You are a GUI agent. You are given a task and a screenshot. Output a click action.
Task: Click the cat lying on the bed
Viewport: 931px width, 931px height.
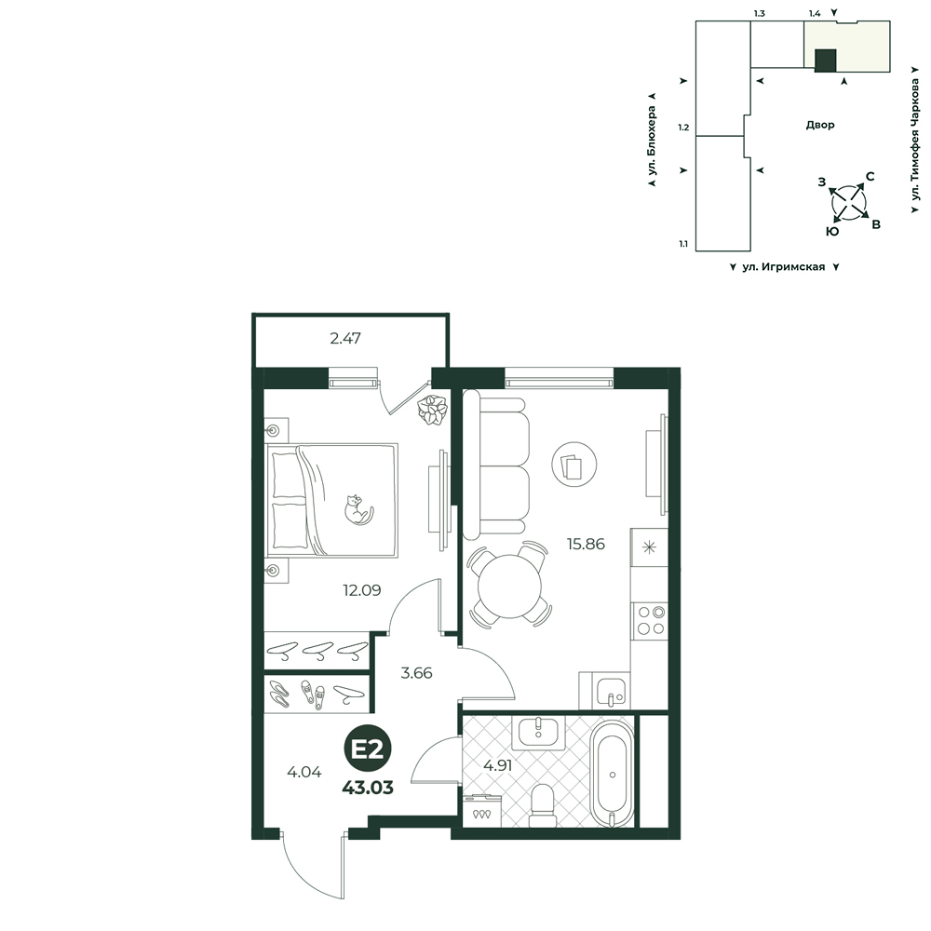coord(358,509)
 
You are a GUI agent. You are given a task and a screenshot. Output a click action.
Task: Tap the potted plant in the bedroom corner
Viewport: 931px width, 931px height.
coord(432,410)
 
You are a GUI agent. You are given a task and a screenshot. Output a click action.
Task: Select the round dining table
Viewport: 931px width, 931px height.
coord(510,586)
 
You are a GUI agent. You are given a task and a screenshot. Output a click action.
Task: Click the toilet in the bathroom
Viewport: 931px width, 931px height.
coord(542,805)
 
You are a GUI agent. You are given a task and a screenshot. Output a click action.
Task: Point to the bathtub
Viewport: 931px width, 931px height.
coord(613,774)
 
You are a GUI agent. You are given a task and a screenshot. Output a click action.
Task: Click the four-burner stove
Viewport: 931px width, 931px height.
coord(650,620)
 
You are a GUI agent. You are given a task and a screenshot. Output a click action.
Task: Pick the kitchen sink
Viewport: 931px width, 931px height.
coord(611,692)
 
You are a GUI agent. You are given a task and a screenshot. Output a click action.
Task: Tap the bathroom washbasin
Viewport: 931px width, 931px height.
coord(538,734)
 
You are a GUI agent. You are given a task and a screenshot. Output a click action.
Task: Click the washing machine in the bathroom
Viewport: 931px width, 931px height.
coord(481,811)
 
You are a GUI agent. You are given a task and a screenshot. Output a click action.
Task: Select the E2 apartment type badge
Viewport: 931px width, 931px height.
coord(368,750)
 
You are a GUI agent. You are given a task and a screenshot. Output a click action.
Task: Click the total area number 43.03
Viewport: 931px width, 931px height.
coord(368,788)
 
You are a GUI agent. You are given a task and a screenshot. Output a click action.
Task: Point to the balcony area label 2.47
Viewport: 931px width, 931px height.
coord(345,339)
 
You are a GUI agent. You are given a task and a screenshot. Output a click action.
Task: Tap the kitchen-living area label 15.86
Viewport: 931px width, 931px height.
coord(586,544)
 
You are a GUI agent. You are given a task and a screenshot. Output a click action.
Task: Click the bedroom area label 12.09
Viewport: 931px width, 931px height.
coord(361,590)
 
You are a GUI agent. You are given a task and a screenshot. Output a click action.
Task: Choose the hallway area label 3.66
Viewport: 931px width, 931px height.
coord(416,673)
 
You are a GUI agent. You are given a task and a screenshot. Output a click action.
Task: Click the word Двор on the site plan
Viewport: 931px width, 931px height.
coord(820,125)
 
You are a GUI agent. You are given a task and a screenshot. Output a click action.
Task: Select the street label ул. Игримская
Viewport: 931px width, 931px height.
coord(783,267)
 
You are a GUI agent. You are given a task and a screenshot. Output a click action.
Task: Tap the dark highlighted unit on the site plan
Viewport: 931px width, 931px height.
coord(825,61)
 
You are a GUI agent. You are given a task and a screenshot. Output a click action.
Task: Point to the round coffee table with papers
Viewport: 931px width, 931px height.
coord(574,464)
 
